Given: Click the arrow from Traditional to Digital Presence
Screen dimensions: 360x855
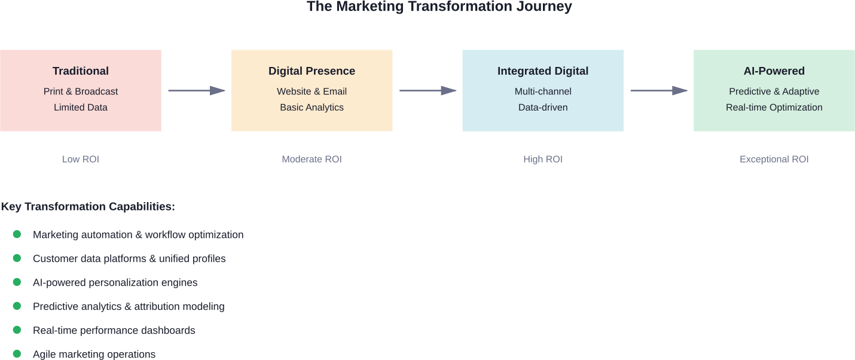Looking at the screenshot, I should [x=196, y=90].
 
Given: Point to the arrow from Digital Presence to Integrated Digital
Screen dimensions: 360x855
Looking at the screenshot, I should [x=427, y=90].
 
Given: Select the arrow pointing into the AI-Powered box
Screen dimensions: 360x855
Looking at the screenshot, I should [x=659, y=90].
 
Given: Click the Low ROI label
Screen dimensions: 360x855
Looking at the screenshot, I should [x=81, y=159].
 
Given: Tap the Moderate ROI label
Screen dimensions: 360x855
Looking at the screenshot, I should [x=312, y=159].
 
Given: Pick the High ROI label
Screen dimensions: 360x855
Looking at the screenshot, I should [x=542, y=159].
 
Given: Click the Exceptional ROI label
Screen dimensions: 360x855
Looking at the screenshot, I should [x=774, y=159].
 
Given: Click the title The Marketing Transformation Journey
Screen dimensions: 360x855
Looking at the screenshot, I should [x=439, y=7].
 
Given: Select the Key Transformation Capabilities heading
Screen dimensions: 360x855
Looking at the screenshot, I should [x=88, y=206].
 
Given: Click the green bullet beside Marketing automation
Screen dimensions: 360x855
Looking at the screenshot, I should [x=17, y=234].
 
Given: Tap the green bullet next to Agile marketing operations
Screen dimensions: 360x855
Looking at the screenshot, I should [x=17, y=353].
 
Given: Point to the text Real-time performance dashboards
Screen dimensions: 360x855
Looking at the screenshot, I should [x=114, y=330].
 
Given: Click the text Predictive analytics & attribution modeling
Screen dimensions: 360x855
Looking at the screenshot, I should [x=129, y=306].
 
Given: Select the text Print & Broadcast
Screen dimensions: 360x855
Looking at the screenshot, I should [x=81, y=91].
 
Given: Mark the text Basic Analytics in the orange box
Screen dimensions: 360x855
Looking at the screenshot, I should [x=312, y=108].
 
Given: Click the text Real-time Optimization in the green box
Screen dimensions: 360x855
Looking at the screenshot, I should [x=774, y=108].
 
